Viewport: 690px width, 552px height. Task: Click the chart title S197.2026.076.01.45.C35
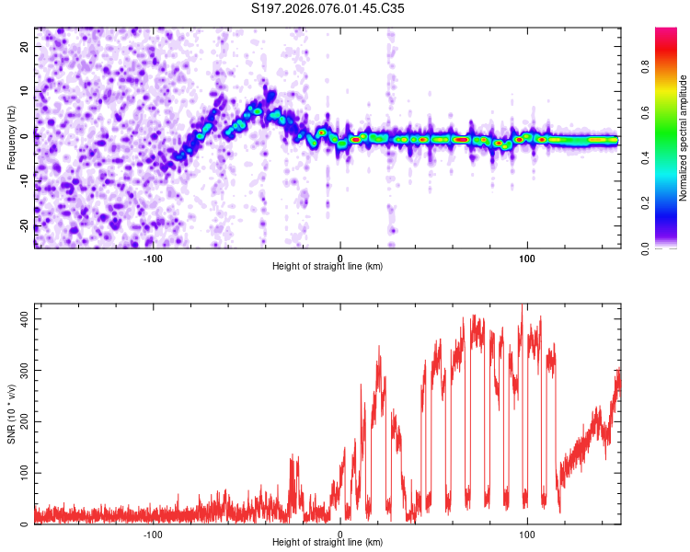coord(328,8)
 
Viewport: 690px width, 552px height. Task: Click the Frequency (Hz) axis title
coord(11,137)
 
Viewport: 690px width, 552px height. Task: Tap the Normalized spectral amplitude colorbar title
coord(684,138)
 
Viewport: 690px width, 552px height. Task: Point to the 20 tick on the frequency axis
coord(25,45)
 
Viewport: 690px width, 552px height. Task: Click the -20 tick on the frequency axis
coord(23,225)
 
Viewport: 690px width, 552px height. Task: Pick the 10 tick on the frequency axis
coord(25,90)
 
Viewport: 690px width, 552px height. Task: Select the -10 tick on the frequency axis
coord(23,180)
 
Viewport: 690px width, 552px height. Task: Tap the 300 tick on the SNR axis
coord(20,370)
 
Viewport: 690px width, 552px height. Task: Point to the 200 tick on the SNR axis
coord(20,421)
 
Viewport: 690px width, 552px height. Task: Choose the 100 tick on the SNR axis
coord(20,473)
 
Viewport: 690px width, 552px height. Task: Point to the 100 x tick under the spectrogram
coord(527,259)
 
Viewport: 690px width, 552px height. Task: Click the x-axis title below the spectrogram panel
coord(328,267)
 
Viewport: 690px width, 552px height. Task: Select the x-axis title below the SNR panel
coord(328,543)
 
